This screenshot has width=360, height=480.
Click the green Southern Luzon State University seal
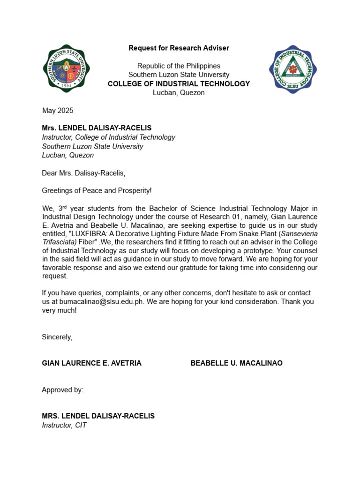click(66, 69)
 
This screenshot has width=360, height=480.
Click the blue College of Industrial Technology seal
click(293, 69)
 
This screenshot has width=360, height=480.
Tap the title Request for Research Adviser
click(179, 48)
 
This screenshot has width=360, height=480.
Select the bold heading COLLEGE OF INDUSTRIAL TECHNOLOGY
click(179, 84)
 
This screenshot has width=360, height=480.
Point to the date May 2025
click(58, 111)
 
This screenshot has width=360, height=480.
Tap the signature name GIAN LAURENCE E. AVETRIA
click(91, 363)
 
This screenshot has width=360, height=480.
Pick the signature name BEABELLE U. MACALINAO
click(236, 363)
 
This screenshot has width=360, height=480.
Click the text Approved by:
click(62, 390)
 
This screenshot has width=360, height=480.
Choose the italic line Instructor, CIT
click(64, 425)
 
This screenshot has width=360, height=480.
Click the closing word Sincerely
click(57, 337)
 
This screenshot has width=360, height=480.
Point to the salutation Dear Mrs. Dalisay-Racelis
click(83, 173)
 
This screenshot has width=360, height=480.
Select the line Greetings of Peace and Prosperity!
click(97, 190)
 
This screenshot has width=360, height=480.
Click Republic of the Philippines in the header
click(179, 66)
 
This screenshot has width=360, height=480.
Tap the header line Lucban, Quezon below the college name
click(179, 93)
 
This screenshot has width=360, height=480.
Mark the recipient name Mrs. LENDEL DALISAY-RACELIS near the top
click(97, 128)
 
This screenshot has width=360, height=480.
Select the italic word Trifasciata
click(59, 242)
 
